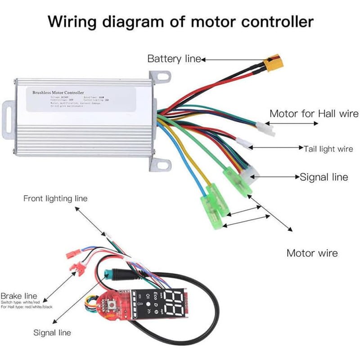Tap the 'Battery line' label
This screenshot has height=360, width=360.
pos(174,59)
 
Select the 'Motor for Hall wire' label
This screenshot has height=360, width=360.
pos(314,114)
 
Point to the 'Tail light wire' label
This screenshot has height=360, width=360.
pos(328,148)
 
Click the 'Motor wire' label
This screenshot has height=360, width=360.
pos(312,253)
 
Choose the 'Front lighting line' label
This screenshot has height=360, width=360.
pos(55,198)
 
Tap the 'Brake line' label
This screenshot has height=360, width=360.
pos(19,296)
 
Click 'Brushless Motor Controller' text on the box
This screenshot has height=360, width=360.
pos(58,92)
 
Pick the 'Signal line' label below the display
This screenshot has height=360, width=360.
pos(52,333)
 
